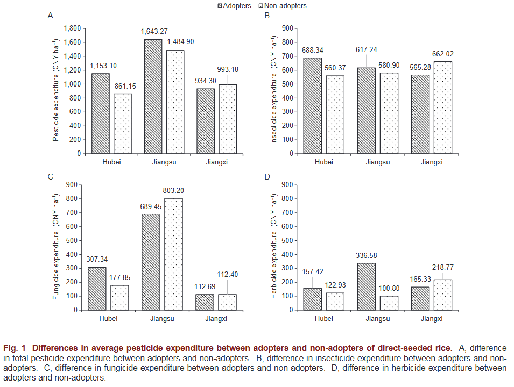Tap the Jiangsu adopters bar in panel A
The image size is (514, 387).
pyautogui.click(x=153, y=96)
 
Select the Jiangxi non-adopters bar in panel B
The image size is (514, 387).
pyautogui.click(x=443, y=107)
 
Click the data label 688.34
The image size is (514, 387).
pyautogui.click(x=313, y=51)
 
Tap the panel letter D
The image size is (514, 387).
pyautogui.click(x=267, y=176)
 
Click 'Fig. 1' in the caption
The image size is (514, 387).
pyautogui.click(x=14, y=348)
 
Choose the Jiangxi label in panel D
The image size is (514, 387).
pyautogui.click(x=432, y=318)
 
